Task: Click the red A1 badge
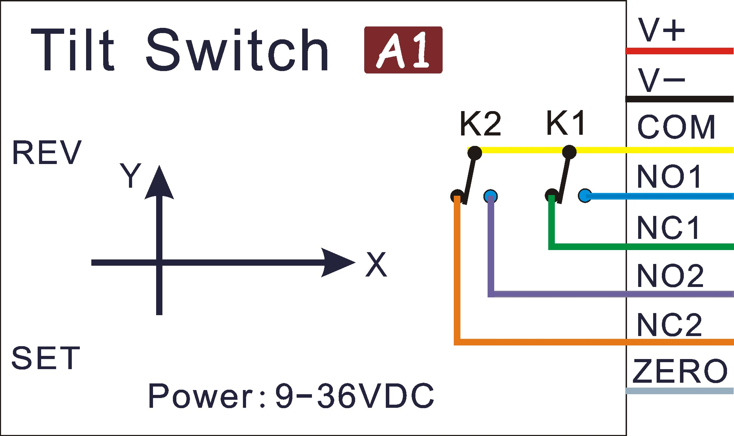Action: tap(403, 50)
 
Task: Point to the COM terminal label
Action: tap(676, 127)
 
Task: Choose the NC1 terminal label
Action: tap(668, 228)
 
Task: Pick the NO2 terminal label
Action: tap(670, 276)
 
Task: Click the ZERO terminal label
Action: tap(680, 371)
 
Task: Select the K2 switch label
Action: tap(480, 124)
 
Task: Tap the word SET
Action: tap(46, 358)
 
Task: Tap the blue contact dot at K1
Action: tap(584, 196)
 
